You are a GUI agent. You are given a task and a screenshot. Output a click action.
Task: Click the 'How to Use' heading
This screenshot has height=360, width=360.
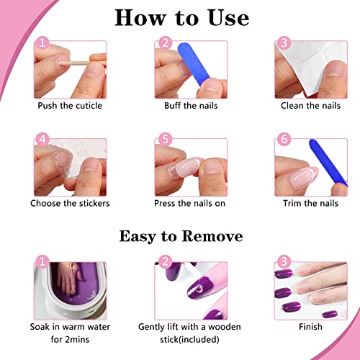coord(181,17)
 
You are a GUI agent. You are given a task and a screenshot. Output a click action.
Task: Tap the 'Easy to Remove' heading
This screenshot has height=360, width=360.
coord(181,236)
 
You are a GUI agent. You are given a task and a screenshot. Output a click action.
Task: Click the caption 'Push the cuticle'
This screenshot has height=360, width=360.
coord(70,105)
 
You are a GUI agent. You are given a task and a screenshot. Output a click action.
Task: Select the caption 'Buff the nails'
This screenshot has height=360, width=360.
coord(185,105)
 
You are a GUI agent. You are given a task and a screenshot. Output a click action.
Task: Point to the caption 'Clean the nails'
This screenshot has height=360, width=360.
coord(310,105)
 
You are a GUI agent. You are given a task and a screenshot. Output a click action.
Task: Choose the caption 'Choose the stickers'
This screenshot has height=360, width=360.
coord(70,203)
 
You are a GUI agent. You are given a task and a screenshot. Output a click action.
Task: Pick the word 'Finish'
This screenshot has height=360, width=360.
coord(310,326)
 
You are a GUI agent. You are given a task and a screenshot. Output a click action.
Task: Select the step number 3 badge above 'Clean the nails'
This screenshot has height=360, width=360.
coord(284,45)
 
